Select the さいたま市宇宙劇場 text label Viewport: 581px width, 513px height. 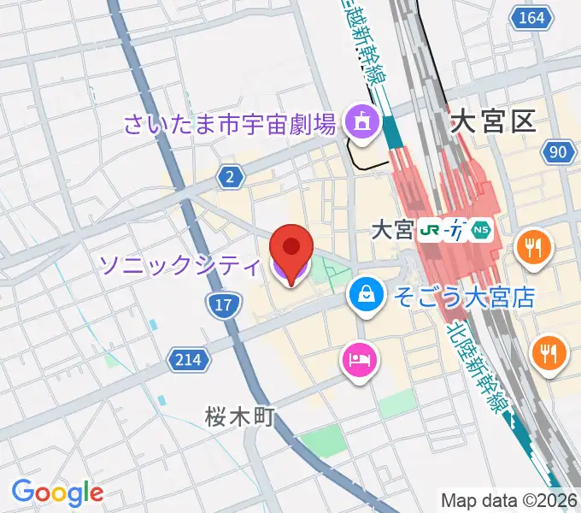pos(229,126)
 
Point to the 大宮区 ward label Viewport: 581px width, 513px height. pos(493,122)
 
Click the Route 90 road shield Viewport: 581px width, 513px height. pos(556,152)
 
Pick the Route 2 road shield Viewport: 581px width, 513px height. pos(229,177)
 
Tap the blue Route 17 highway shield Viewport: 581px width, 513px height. pos(220,304)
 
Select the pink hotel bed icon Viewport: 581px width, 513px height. pos(358,358)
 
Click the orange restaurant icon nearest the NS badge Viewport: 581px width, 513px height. pos(533,249)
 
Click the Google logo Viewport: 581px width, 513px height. pos(57,492)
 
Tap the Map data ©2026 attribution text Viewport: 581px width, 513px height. pos(508,500)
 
